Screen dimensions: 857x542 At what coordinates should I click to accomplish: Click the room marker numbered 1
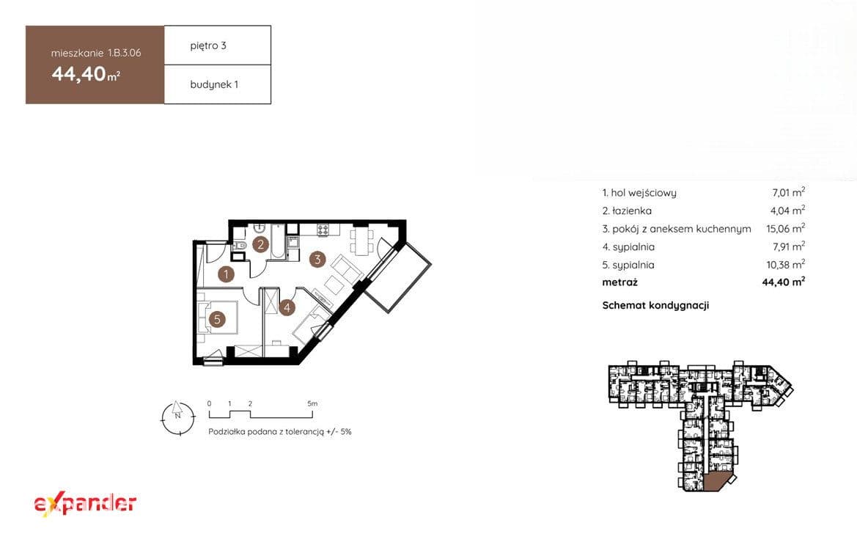pos(226,274)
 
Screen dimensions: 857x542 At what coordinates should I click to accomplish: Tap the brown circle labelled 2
pos(261,244)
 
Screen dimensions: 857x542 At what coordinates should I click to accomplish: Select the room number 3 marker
pos(317,259)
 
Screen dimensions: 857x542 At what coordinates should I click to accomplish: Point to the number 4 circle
pos(287,307)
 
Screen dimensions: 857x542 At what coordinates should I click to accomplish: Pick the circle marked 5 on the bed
pos(218,319)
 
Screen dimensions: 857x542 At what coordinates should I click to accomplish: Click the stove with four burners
pos(323,230)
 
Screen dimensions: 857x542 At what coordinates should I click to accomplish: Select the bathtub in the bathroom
pos(278,241)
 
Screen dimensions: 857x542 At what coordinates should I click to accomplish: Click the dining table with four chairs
pos(362,241)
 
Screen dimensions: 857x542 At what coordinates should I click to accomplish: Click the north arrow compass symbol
pos(177,418)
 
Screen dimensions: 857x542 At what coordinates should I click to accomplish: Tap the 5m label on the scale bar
pos(312,403)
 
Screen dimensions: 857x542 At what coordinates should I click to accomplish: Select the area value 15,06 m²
pos(785,228)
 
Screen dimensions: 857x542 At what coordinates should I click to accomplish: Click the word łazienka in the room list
pos(632,210)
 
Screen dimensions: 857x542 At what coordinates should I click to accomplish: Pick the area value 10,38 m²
pos(785,264)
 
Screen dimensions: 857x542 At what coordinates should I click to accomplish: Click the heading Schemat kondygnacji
pos(655,305)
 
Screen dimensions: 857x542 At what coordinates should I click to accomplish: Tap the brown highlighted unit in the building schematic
pos(717,482)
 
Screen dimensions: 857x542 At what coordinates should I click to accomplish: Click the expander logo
pos(85,504)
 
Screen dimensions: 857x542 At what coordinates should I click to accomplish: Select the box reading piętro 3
pos(218,45)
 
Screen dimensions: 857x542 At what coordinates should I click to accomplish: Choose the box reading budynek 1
pos(218,84)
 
